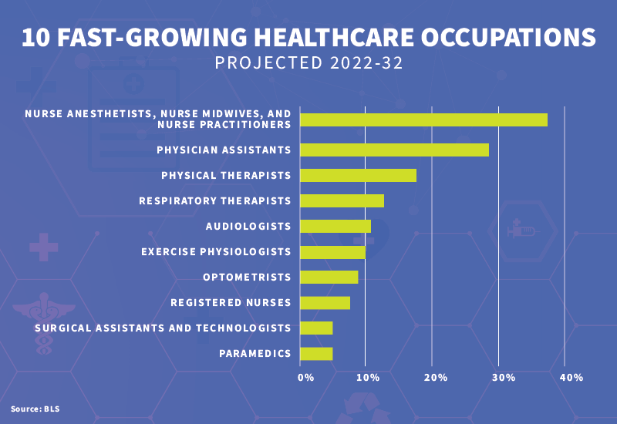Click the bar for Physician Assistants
coord(394,150)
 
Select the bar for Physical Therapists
coord(358,175)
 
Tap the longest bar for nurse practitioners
coord(423,119)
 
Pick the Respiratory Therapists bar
coord(342,200)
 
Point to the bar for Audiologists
coord(335,226)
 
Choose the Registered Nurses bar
coord(325,302)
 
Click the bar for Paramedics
coord(316,353)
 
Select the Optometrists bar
coord(329,277)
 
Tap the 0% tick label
coord(306,377)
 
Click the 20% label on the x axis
coord(436,377)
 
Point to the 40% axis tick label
coord(571,377)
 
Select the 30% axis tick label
coord(504,377)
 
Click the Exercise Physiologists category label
coord(216,251)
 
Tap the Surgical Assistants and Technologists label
coord(163,328)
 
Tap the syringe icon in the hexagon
coord(521,231)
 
